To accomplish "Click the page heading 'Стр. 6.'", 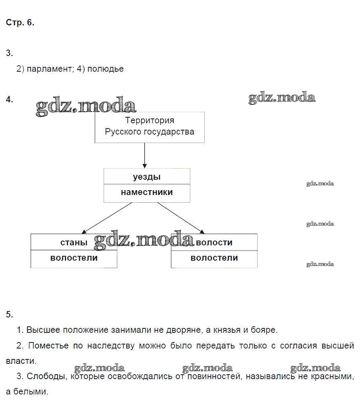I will [20, 23].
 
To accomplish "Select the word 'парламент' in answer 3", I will [48, 69].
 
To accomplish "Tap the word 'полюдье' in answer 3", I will [106, 69].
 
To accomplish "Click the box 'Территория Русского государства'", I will [150, 127].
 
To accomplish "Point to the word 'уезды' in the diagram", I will [147, 177].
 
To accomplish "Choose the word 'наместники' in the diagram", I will [147, 192].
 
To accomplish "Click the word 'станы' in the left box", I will [74, 243].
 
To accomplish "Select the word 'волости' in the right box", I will [214, 243].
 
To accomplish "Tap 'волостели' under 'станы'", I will [74, 258].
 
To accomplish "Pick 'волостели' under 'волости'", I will [214, 258].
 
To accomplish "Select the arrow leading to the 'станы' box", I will [107, 218].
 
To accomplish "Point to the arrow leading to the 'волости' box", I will [181, 218].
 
